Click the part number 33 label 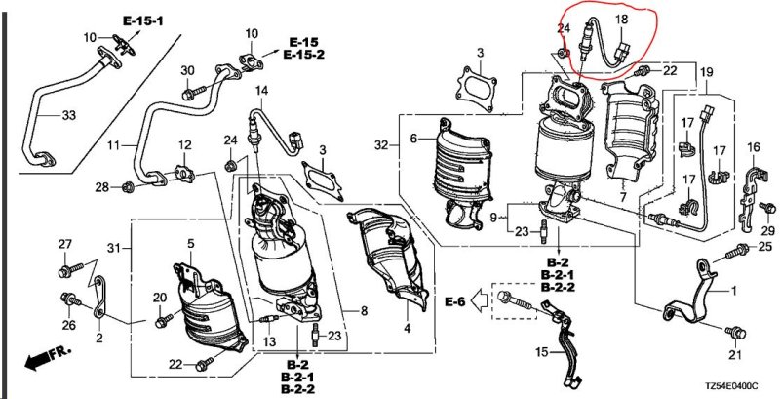[x=68, y=115]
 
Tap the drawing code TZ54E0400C [x=730, y=386]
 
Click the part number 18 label [x=621, y=20]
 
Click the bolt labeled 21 [x=735, y=332]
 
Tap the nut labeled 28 [x=128, y=187]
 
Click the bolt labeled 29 [x=767, y=207]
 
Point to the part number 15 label [x=542, y=353]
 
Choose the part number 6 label [x=413, y=140]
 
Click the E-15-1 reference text [x=143, y=20]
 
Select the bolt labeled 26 [x=70, y=299]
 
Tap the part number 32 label [x=381, y=145]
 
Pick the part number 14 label [x=262, y=91]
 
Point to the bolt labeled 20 [x=163, y=320]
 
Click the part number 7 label [x=623, y=197]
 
